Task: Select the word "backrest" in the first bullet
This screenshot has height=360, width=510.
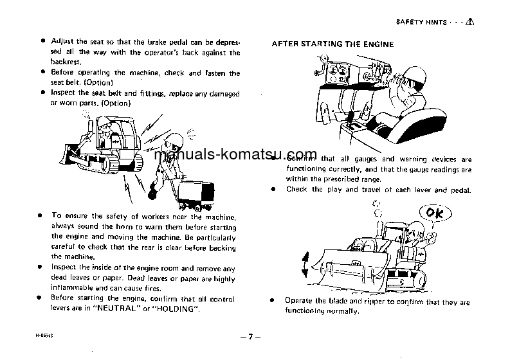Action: tap(66, 63)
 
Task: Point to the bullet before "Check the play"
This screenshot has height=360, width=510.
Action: tap(273, 190)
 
